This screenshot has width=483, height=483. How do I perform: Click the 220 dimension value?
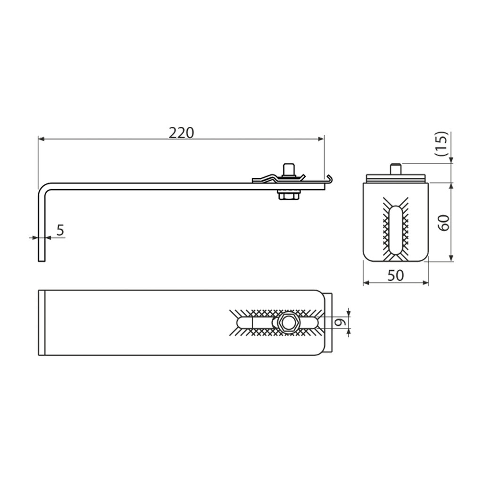181,133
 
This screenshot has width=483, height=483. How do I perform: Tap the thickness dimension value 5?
60,230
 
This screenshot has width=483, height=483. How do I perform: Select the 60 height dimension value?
444,223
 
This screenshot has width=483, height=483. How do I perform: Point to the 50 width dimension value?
396,275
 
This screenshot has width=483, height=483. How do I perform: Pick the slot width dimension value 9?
341,323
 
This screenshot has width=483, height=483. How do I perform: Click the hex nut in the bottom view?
286,323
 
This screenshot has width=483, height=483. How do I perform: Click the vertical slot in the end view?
396,230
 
